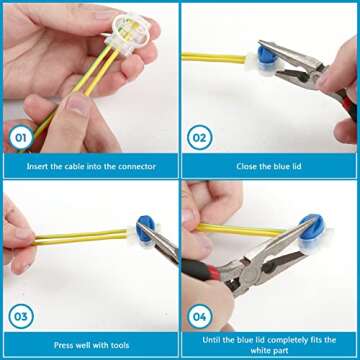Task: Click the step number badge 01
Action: coord(21,137)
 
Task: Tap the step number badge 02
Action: coord(200,137)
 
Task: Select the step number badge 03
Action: coord(21,316)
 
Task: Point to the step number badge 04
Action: coord(200,316)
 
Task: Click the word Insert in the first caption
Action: coord(37,166)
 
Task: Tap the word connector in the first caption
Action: coord(137,166)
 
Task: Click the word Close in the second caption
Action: coord(246,166)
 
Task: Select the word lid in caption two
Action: coord(296,166)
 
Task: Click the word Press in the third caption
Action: coord(64,345)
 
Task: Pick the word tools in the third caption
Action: coord(119,345)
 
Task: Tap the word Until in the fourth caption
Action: coord(211,340)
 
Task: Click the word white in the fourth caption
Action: coord(261,350)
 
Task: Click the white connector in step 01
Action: coord(127,34)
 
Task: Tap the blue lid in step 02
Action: coord(268,55)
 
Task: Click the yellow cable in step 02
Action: coord(214,58)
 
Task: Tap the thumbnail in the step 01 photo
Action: coord(76,109)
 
